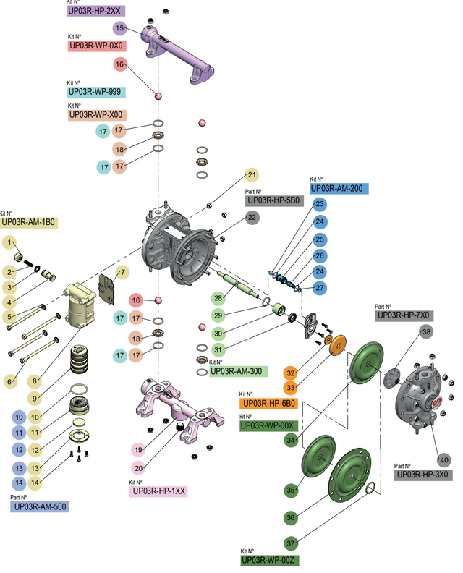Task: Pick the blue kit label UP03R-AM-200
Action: [340, 188]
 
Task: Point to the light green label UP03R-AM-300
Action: [239, 371]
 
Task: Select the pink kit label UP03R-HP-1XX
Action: [159, 491]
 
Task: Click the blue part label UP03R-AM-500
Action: [40, 507]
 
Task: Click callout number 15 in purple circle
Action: [121, 27]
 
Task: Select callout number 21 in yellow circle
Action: [252, 174]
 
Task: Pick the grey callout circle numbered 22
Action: [252, 217]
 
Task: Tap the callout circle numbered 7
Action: [122, 272]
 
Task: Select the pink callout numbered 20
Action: [139, 467]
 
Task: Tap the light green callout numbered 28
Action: [218, 297]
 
